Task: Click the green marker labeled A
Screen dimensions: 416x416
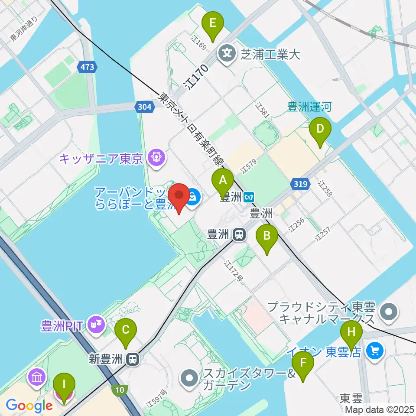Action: (223, 182)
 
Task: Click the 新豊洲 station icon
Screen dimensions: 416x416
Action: (133, 359)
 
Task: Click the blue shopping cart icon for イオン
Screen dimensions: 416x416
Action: (374, 350)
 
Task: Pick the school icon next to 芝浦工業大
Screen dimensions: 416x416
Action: (227, 54)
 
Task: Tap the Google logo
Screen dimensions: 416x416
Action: (29, 406)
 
